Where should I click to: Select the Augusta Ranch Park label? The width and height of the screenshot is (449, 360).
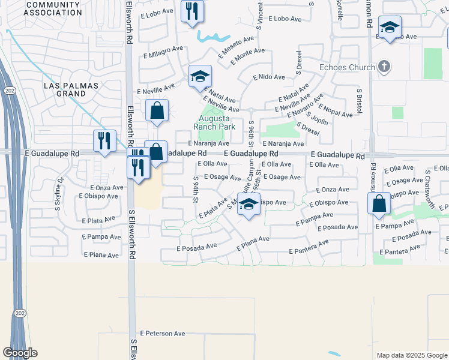pos(214,122)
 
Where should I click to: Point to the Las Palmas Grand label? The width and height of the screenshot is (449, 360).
pos(71,89)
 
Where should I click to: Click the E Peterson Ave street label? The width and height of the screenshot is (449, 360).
pos(163,333)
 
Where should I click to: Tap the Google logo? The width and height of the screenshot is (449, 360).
pos(20,353)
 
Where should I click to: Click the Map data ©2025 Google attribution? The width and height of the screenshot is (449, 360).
pos(411,355)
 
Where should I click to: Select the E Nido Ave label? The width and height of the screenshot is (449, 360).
pos(268,77)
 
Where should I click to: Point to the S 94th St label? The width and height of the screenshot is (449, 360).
pos(196,189)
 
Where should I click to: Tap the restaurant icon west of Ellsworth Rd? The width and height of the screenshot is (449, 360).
pos(105,141)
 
